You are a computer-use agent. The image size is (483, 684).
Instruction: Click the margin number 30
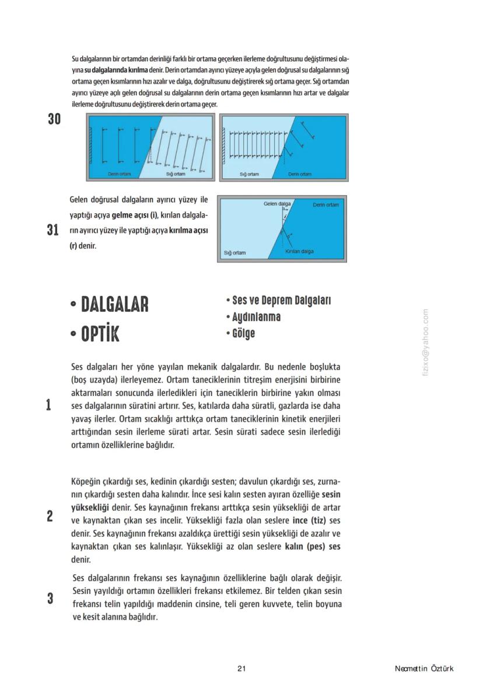[54, 119]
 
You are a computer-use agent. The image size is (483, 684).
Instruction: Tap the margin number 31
[53, 230]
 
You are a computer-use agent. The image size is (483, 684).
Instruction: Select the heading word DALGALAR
[114, 304]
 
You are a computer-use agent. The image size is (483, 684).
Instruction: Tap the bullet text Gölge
[243, 334]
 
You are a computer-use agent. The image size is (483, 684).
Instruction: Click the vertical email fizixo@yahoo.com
[426, 342]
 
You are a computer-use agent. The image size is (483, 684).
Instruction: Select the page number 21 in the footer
[242, 669]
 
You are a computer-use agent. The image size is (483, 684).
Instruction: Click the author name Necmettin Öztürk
[423, 669]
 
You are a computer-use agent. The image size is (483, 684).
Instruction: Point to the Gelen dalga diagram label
[277, 204]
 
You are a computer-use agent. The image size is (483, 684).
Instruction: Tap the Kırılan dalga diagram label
[299, 251]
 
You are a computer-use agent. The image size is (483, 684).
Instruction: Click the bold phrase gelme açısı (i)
[135, 215]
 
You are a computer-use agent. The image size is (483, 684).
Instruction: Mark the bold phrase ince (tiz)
[310, 520]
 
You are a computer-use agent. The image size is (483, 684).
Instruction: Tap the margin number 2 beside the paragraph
[50, 516]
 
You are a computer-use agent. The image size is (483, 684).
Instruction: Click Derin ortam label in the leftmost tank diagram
[120, 174]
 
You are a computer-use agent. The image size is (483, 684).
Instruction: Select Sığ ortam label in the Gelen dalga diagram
[235, 253]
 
